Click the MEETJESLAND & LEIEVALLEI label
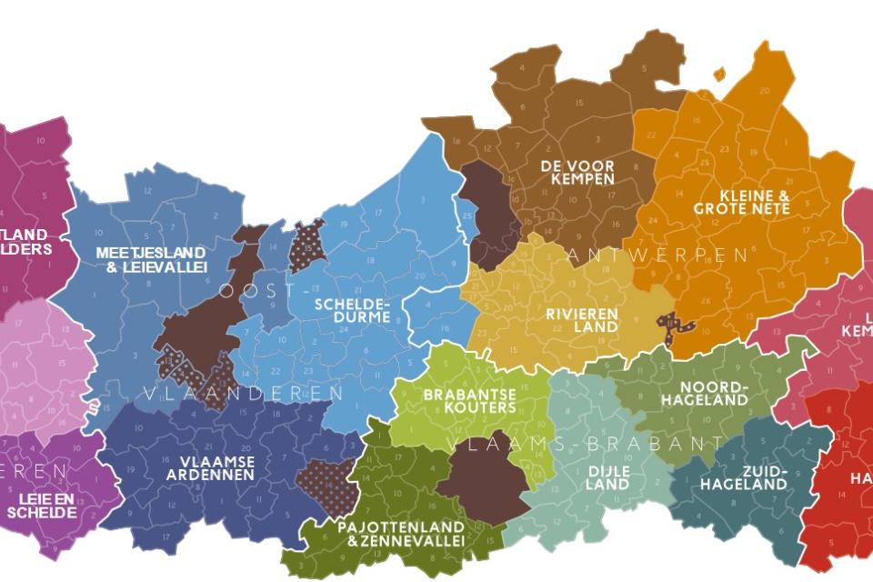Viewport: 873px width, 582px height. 151,259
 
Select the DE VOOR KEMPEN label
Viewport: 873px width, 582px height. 577,173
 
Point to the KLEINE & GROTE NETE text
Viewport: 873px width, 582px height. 741,202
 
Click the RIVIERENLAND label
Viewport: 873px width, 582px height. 582,320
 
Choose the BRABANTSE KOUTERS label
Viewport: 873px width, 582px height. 469,401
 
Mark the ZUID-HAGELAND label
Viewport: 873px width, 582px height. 743,477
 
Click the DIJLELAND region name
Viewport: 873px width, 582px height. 607,477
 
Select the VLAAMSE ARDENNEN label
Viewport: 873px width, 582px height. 217,468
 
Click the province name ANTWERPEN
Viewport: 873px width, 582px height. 659,256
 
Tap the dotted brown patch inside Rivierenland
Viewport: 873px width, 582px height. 676,328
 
